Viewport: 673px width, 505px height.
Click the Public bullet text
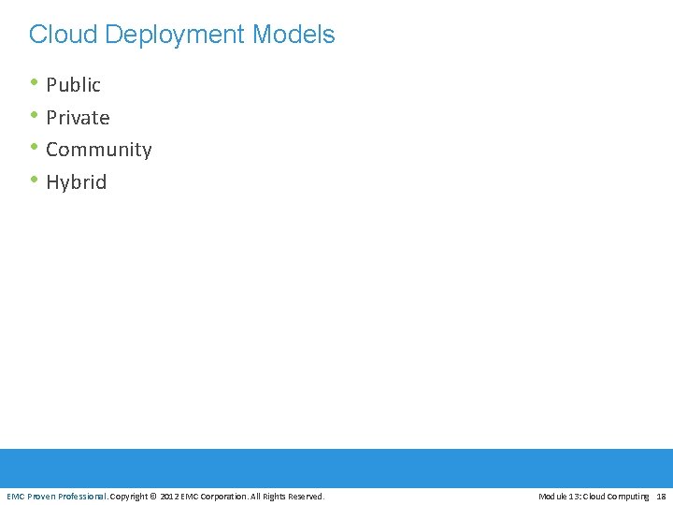pos(73,85)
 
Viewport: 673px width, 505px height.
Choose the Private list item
pos(78,118)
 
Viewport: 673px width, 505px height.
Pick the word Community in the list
pos(98,150)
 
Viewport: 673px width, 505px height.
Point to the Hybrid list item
pos(76,182)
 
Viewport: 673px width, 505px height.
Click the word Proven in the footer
pos(41,497)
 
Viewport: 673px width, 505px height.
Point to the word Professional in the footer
pos(82,497)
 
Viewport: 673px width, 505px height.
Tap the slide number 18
pos(661,497)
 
